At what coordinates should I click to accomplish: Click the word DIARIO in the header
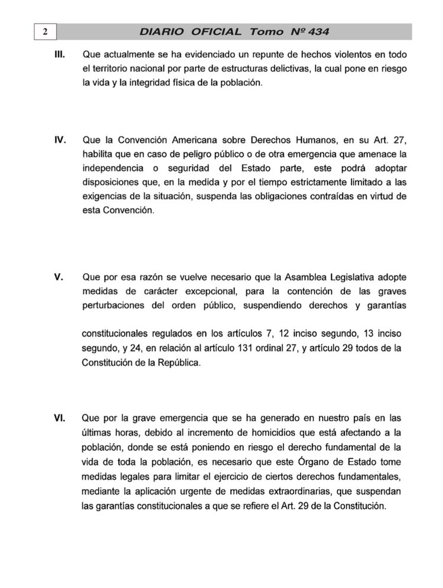[161, 31]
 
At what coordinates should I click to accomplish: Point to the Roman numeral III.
[59, 54]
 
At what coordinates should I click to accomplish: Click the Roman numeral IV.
[59, 140]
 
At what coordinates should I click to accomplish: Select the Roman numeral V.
[58, 278]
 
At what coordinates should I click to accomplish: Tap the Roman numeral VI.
[59, 417]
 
